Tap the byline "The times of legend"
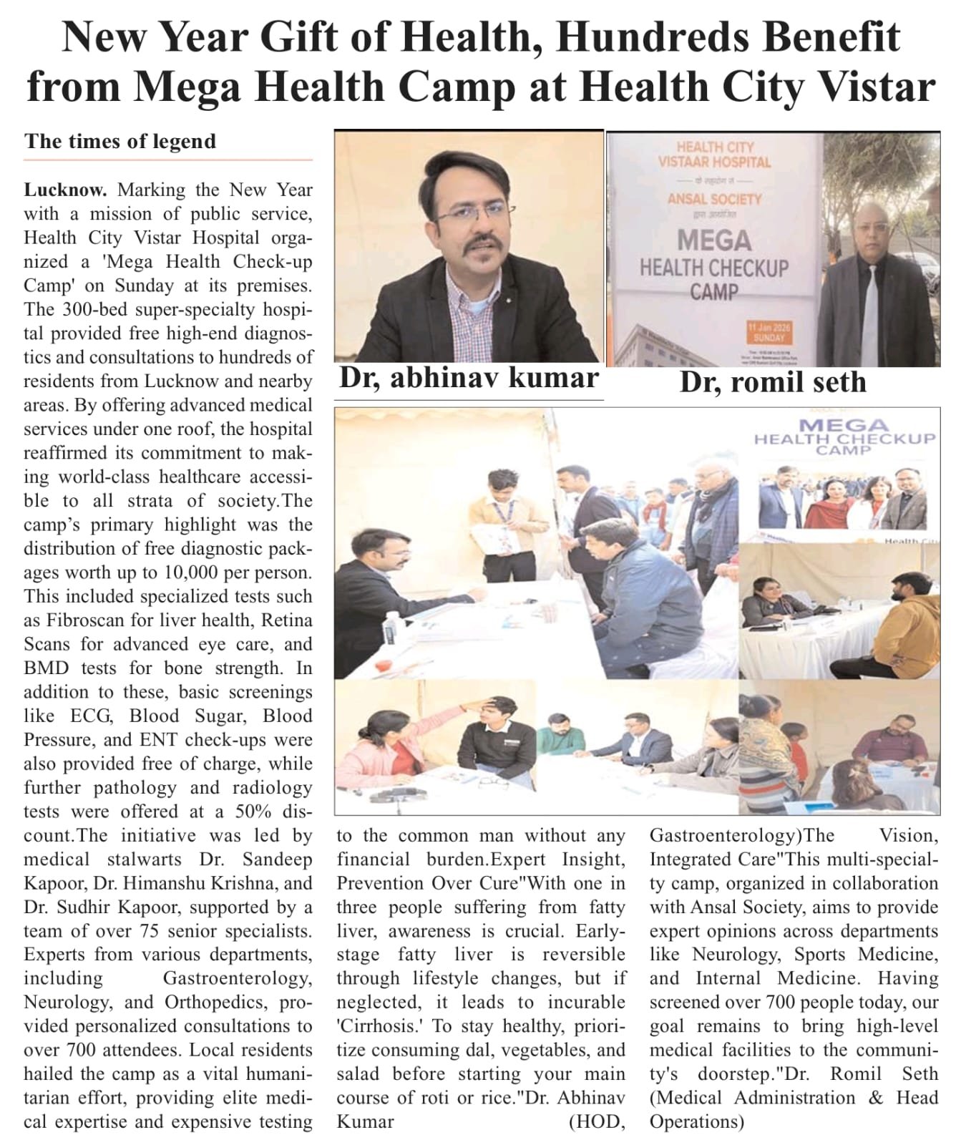coord(120,141)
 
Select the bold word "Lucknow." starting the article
coord(65,190)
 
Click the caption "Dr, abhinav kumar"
coord(469,378)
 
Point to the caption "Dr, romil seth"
coord(773,382)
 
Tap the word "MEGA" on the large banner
coord(713,240)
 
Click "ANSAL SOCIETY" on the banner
coord(713,199)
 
